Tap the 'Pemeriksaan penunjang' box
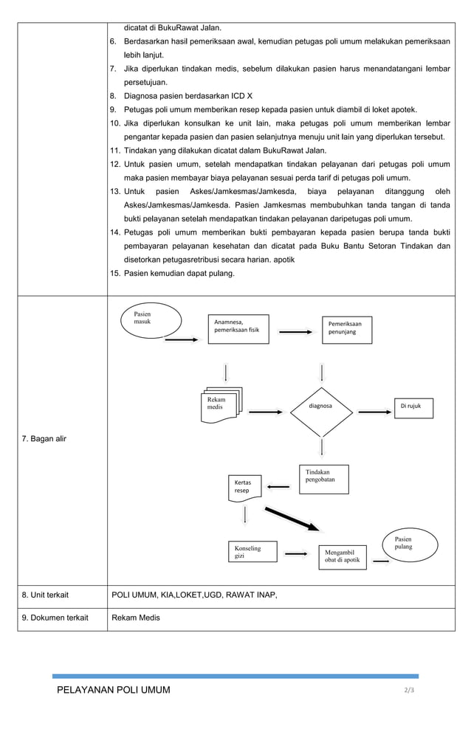click(346, 329)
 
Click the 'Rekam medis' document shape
click(222, 404)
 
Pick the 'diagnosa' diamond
click(321, 407)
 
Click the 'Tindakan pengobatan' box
click(323, 479)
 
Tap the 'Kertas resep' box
click(247, 486)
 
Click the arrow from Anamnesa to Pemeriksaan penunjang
click(295, 332)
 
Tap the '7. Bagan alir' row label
click(44, 439)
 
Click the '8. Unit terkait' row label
click(47, 595)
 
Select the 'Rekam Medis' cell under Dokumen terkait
click(134, 618)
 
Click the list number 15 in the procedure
click(115, 274)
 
